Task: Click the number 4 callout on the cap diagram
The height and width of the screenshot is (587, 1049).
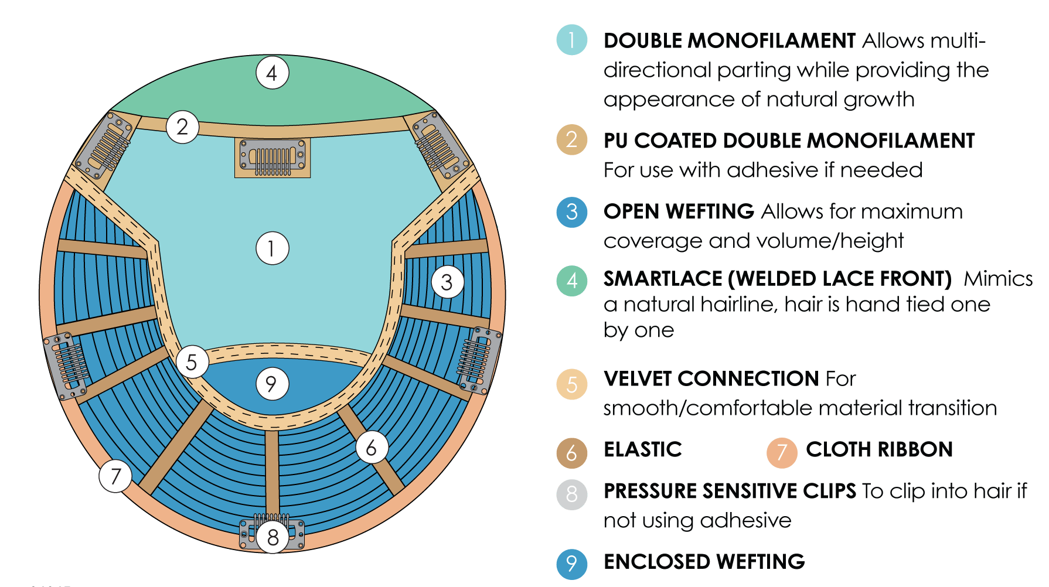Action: pyautogui.click(x=273, y=73)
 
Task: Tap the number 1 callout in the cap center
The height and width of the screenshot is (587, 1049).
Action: pyautogui.click(x=273, y=248)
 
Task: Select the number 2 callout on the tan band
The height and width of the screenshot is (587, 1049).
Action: pyautogui.click(x=182, y=127)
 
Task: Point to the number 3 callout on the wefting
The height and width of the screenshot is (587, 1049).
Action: pyautogui.click(x=448, y=282)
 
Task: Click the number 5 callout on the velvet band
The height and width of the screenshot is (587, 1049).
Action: pyautogui.click(x=192, y=362)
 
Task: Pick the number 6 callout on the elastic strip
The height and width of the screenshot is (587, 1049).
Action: pyautogui.click(x=372, y=448)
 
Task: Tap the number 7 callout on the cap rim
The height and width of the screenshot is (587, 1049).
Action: pyautogui.click(x=115, y=476)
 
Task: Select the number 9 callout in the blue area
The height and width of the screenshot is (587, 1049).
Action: pyautogui.click(x=272, y=384)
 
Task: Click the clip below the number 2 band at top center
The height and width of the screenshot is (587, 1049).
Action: pyautogui.click(x=273, y=158)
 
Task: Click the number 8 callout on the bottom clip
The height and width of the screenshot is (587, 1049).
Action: pyautogui.click(x=273, y=537)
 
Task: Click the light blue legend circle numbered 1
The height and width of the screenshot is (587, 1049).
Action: pyautogui.click(x=571, y=40)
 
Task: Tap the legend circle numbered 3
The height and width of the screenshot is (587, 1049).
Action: pyautogui.click(x=571, y=211)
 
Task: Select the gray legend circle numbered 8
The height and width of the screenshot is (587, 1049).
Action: pyautogui.click(x=571, y=494)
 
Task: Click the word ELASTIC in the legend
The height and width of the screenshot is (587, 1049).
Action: pyautogui.click(x=642, y=449)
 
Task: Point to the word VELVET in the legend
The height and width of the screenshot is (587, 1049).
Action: pyautogui.click(x=638, y=378)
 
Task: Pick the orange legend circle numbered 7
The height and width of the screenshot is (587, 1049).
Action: pyautogui.click(x=782, y=453)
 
